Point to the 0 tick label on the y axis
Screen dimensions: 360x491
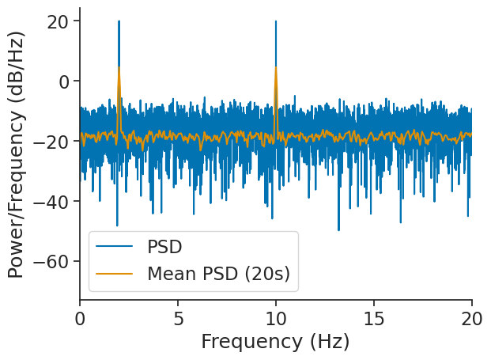pos(66,81)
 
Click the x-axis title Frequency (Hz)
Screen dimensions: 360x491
pos(275,342)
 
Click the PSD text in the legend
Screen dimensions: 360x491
pos(164,247)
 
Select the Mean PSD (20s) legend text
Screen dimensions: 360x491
pos(218,274)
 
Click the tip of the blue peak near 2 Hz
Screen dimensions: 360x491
pos(119,21)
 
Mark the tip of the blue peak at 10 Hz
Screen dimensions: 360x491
pos(276,21)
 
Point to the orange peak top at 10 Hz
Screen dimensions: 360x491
pos(276,67)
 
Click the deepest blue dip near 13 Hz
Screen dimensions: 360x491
pos(338,230)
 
